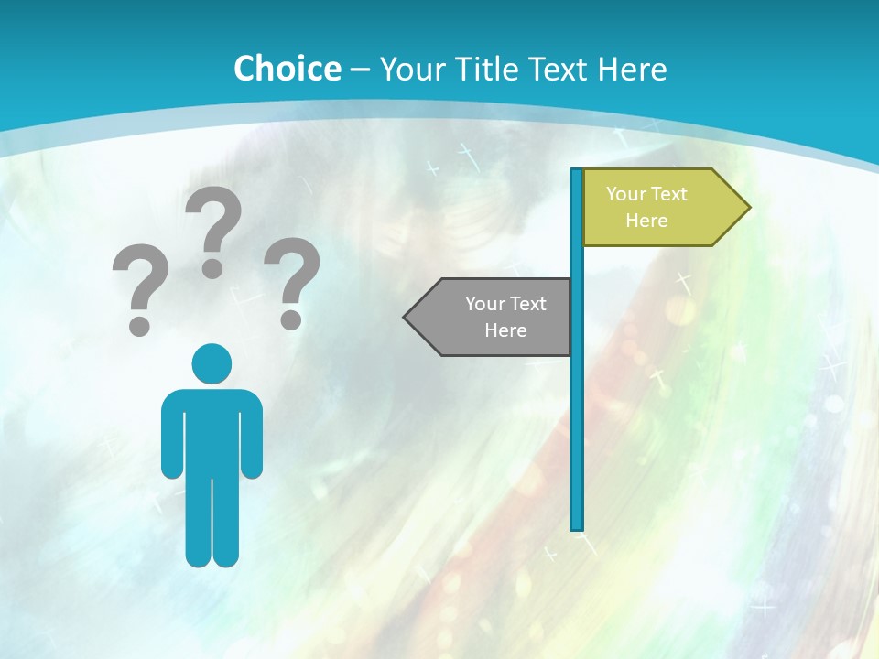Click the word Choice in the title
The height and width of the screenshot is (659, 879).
(x=287, y=69)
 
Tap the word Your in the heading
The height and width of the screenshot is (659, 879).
(x=412, y=69)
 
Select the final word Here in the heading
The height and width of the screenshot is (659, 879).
(x=632, y=69)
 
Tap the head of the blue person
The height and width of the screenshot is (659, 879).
(x=212, y=364)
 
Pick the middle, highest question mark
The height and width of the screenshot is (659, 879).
(x=213, y=229)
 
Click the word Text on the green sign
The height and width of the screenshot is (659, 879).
(x=669, y=194)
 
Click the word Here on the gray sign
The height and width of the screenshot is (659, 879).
(x=505, y=330)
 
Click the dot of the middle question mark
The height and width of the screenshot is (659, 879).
(x=212, y=268)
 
